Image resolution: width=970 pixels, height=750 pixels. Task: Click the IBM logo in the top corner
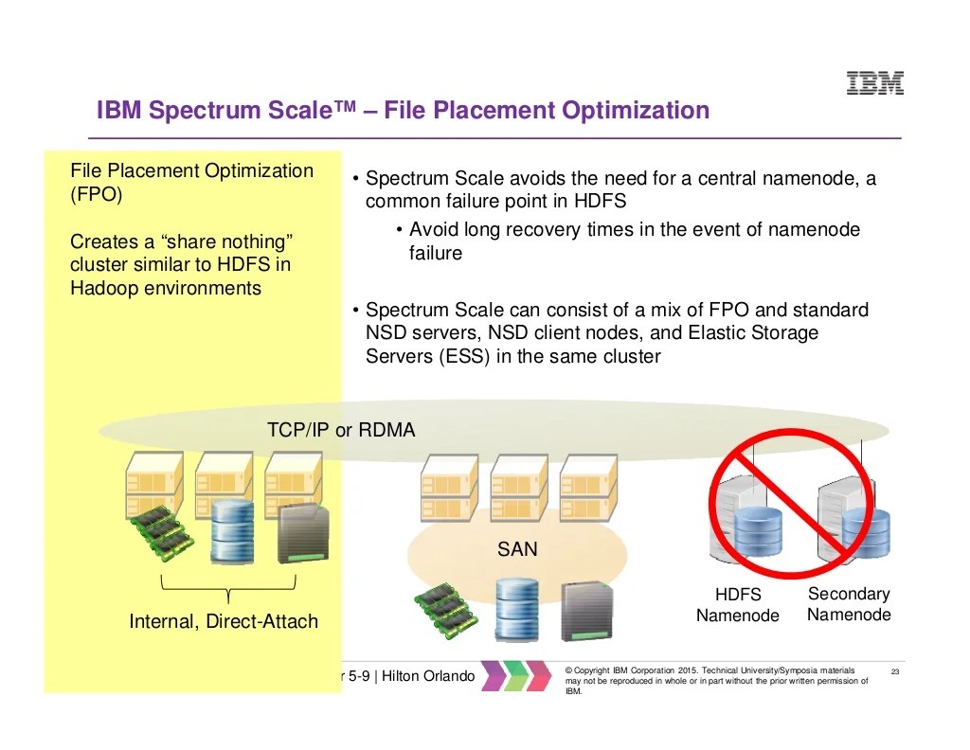click(874, 83)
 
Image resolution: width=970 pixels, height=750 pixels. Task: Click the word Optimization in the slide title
click(636, 111)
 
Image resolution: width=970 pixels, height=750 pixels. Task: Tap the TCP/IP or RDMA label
click(341, 431)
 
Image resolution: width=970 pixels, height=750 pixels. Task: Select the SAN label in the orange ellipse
click(517, 549)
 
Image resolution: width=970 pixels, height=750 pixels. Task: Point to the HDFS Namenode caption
click(737, 605)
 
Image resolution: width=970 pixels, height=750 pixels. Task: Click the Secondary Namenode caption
click(849, 604)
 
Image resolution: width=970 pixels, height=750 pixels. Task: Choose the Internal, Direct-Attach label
click(224, 622)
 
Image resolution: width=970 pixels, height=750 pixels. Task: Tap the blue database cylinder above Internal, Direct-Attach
click(231, 533)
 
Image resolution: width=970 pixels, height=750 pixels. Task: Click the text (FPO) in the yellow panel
click(96, 195)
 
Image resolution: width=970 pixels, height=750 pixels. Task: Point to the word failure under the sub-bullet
click(436, 254)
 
